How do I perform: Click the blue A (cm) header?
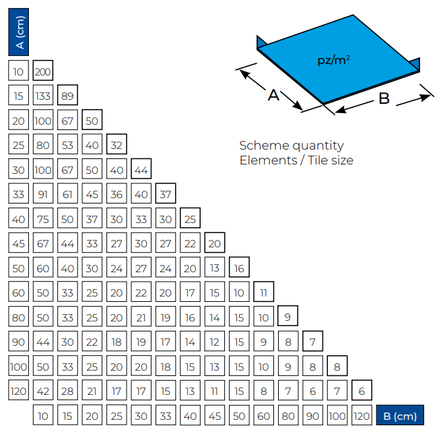pos(19,32)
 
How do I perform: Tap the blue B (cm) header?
pos(400,416)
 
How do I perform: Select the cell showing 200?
pos(43,71)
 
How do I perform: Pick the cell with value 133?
pos(43,96)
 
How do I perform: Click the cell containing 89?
pos(67,96)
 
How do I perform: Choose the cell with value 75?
pos(43,220)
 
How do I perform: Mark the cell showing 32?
pos(116,146)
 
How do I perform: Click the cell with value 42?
pos(43,392)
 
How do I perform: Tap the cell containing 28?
pos(67,392)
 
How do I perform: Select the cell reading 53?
pos(67,146)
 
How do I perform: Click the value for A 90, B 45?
pos(214,342)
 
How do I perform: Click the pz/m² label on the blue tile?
pos(333,61)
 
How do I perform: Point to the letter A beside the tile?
pos(273,95)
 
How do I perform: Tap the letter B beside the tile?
pos(384,98)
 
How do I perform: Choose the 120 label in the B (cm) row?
pos(362,416)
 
